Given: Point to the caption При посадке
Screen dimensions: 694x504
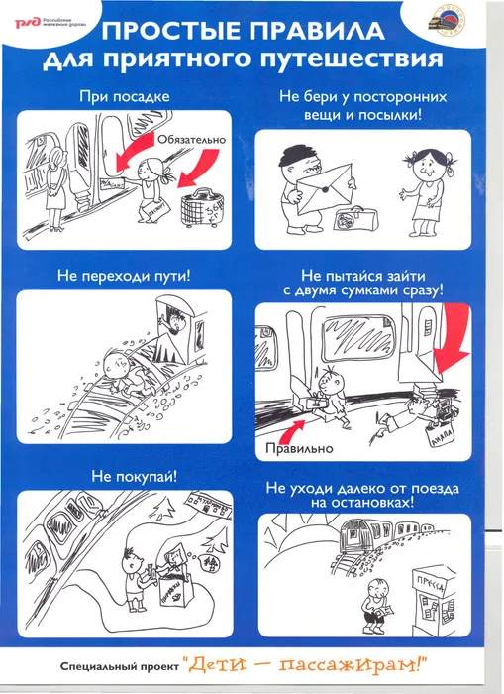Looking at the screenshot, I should (x=125, y=97).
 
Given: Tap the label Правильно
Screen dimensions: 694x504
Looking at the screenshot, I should (x=295, y=448).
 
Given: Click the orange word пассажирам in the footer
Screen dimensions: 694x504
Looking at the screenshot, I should (x=395, y=664).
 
